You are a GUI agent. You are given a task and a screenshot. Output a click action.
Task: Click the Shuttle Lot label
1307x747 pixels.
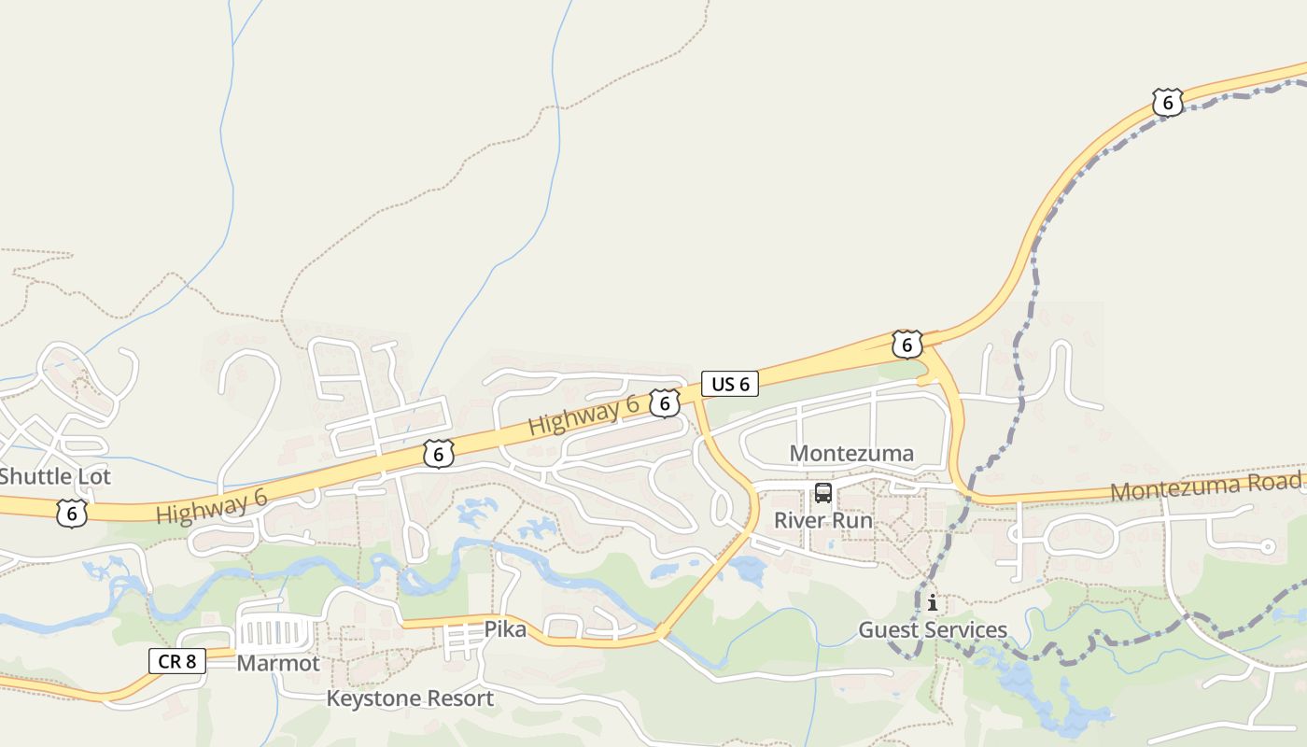(x=55, y=476)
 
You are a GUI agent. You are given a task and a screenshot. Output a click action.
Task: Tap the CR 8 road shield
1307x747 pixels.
(x=176, y=661)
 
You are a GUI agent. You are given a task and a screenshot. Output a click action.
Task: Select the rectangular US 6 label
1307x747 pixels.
(x=730, y=384)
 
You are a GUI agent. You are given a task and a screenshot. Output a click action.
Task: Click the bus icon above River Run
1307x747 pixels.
(x=822, y=493)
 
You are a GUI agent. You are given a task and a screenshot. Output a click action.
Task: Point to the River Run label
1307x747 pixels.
(x=823, y=520)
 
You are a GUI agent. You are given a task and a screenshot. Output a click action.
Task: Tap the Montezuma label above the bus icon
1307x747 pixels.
(x=851, y=454)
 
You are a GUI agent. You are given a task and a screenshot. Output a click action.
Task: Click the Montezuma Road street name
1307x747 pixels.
(x=1204, y=486)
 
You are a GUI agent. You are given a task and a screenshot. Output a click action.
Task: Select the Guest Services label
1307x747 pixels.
(x=933, y=630)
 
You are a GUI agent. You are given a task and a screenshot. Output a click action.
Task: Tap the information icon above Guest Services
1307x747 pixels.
(x=932, y=602)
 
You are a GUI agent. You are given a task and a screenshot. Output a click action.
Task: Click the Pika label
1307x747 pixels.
(x=505, y=629)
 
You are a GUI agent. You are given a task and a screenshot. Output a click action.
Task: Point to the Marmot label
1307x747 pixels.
(x=278, y=663)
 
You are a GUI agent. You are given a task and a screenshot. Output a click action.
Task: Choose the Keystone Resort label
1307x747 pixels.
(x=410, y=698)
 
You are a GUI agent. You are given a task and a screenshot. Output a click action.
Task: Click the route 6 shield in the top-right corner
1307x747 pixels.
(x=1167, y=102)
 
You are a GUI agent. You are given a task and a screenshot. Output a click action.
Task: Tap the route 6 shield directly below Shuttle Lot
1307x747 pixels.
(x=71, y=513)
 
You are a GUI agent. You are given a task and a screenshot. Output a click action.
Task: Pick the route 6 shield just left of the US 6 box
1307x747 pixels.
(x=664, y=403)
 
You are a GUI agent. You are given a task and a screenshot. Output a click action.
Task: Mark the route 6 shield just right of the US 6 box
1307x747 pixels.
(x=906, y=345)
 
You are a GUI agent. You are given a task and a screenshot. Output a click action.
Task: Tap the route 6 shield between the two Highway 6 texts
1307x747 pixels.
(x=438, y=454)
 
